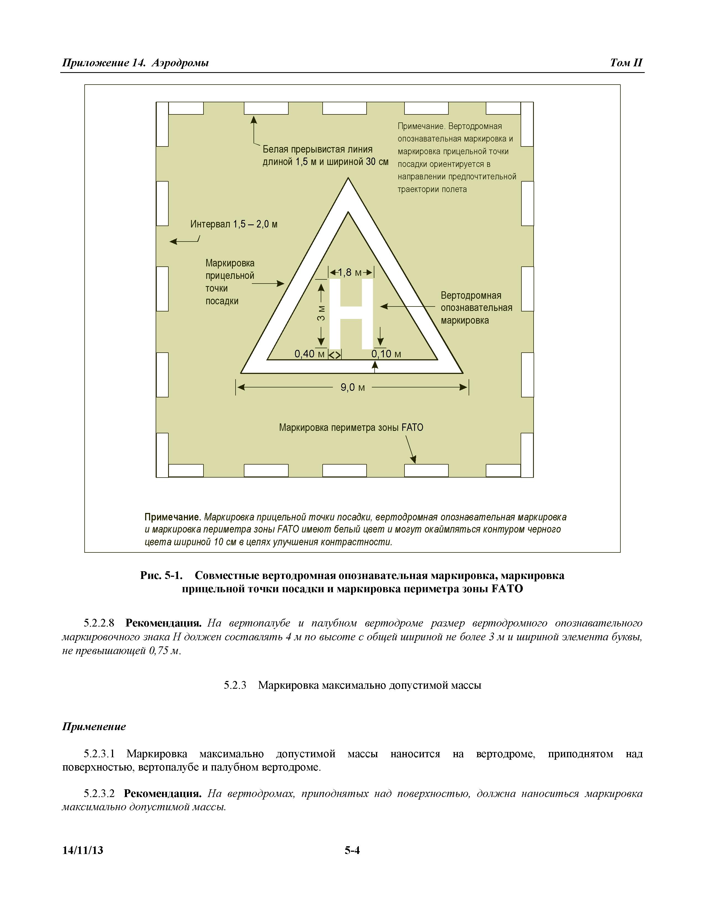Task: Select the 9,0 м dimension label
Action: click(x=352, y=387)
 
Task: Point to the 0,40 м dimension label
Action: click(x=309, y=354)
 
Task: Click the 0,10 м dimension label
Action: click(x=386, y=354)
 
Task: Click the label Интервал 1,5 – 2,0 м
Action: click(x=234, y=224)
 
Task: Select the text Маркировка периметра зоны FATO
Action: click(x=351, y=428)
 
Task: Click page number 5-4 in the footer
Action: click(x=352, y=850)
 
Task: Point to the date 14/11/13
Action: click(x=83, y=850)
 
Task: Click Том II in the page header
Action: click(x=626, y=63)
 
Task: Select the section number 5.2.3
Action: click(x=235, y=685)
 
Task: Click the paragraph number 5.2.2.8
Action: click(x=99, y=623)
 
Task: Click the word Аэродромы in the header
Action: click(x=181, y=63)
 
